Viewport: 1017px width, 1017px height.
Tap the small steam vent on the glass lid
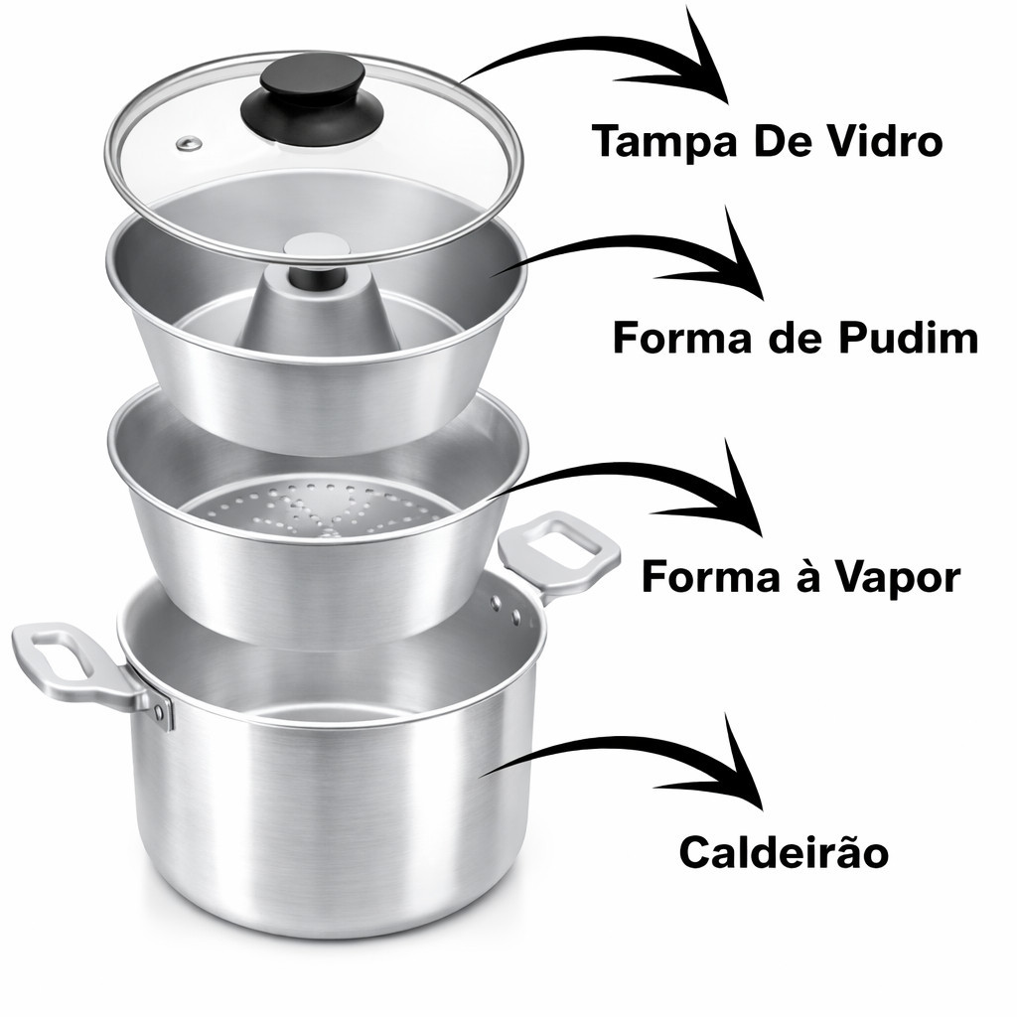pyautogui.click(x=189, y=144)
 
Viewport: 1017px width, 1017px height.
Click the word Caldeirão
pyautogui.click(x=784, y=851)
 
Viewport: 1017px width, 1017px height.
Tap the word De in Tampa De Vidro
pyautogui.click(x=778, y=141)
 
